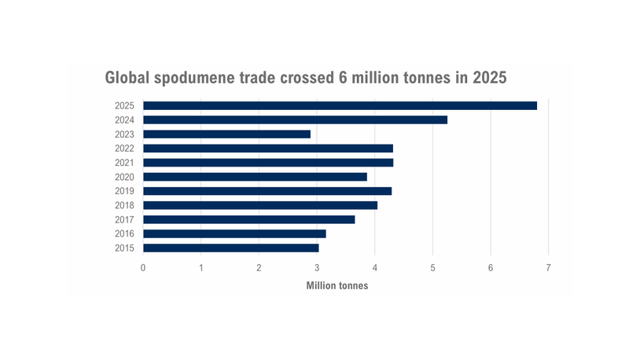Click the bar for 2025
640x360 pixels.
tap(340, 105)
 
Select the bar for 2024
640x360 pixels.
tap(295, 119)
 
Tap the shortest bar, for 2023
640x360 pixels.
tap(226, 134)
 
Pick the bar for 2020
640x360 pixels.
tap(255, 177)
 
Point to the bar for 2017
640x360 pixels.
tap(248, 219)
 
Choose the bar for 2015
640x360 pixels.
tap(230, 248)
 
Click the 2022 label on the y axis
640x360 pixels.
tap(124, 149)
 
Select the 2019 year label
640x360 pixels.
tap(124, 191)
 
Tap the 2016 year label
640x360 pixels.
tap(124, 233)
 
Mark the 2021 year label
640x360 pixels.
tap(124, 163)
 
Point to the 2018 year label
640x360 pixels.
tap(124, 205)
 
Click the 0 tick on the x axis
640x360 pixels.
tap(143, 268)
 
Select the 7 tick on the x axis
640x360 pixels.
tap(549, 268)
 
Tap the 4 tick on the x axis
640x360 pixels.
tap(375, 268)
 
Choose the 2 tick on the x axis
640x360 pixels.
tap(259, 268)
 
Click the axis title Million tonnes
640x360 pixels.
tap(337, 285)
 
